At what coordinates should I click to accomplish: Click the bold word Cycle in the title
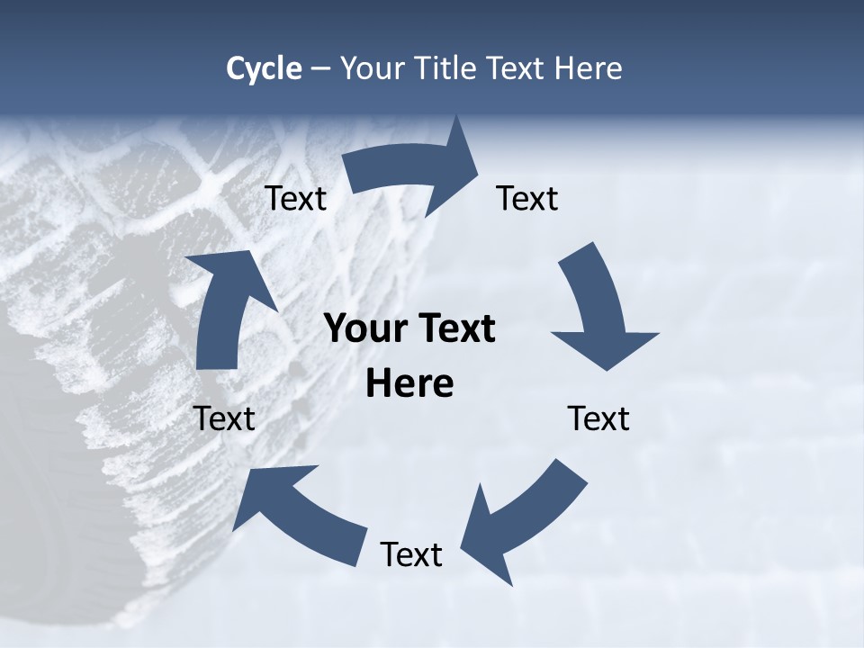[264, 69]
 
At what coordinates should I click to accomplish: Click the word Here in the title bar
[588, 68]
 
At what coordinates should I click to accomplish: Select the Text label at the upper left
[295, 199]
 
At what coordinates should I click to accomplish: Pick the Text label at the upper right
[527, 199]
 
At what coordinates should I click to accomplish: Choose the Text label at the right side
[598, 419]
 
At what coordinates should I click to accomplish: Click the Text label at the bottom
[411, 555]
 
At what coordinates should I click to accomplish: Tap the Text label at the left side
[224, 419]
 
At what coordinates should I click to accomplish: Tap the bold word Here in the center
[409, 383]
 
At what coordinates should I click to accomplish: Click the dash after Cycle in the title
[320, 69]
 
